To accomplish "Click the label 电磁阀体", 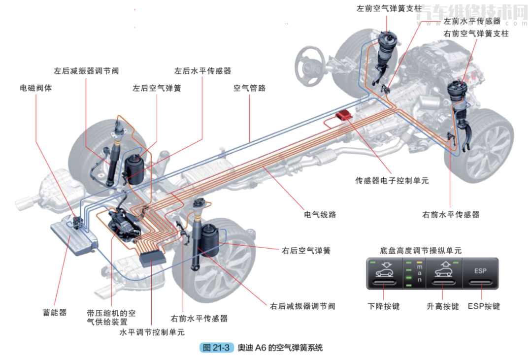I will point(35,88).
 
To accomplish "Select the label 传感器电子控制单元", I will point(392,181).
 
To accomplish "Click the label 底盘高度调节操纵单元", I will point(421,251).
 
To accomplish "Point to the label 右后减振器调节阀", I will point(302,306).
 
